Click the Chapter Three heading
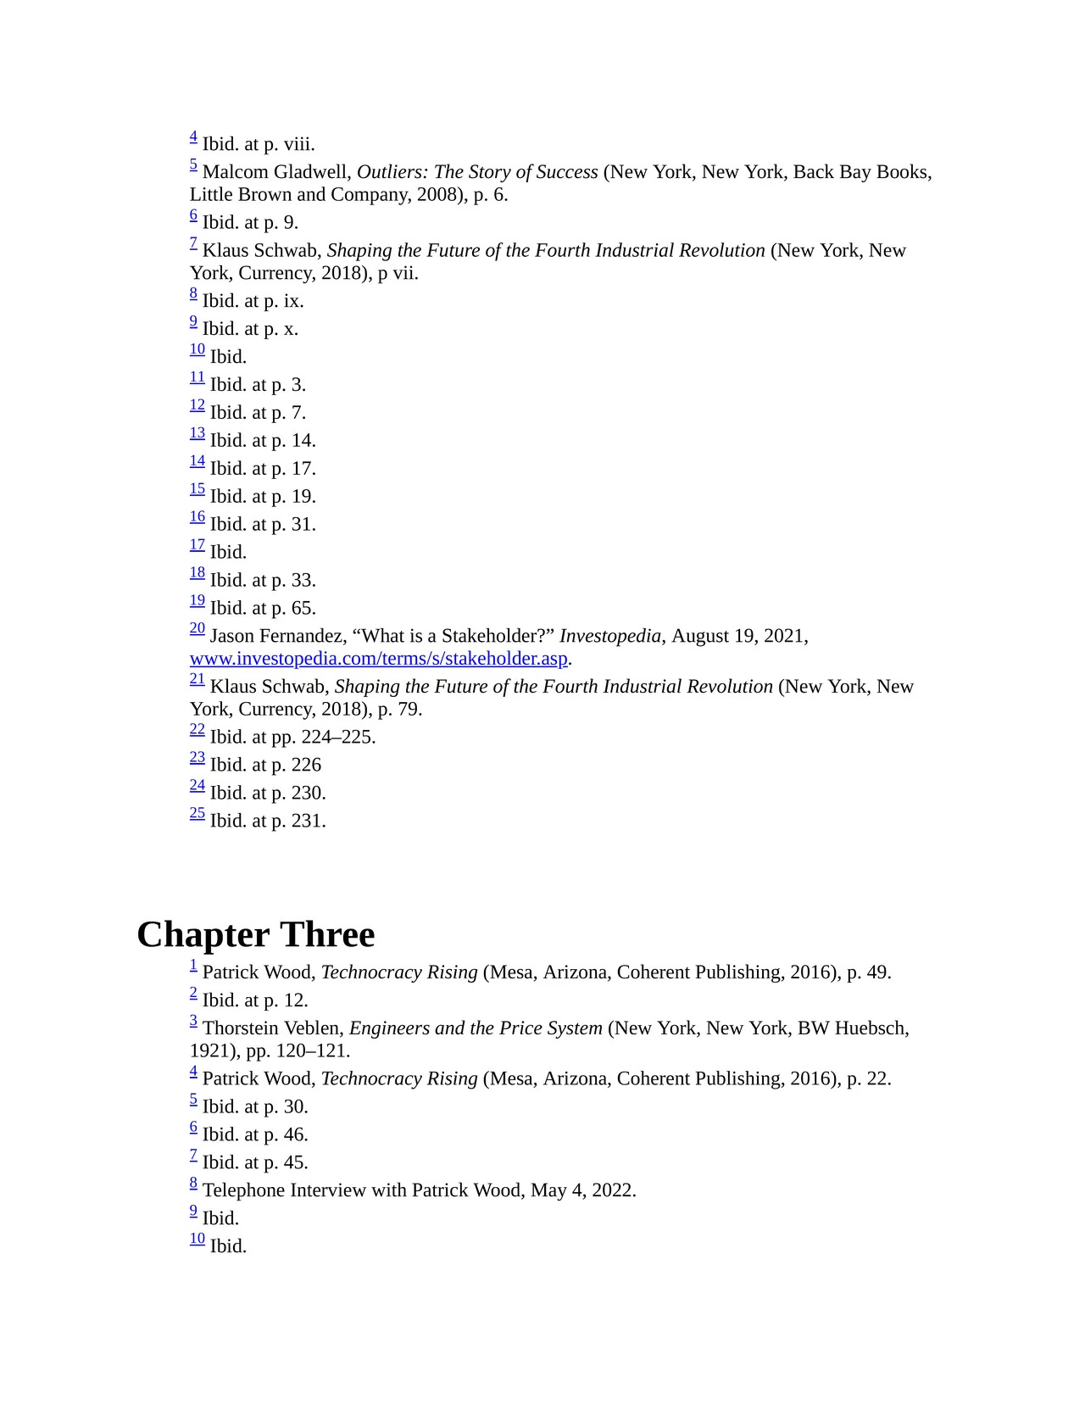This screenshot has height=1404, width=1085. (x=255, y=934)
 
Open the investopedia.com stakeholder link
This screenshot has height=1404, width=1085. (x=378, y=659)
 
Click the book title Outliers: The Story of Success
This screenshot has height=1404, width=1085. (x=477, y=172)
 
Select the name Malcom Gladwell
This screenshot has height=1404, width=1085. (x=276, y=172)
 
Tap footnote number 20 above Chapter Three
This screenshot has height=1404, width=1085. (x=198, y=629)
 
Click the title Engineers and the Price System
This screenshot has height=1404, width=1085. (x=476, y=1028)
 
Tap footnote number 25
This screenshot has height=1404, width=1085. (x=198, y=814)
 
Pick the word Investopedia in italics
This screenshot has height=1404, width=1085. (x=609, y=636)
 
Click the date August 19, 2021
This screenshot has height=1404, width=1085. (x=737, y=636)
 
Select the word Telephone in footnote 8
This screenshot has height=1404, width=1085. (x=243, y=1190)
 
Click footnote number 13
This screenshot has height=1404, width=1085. (x=198, y=434)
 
